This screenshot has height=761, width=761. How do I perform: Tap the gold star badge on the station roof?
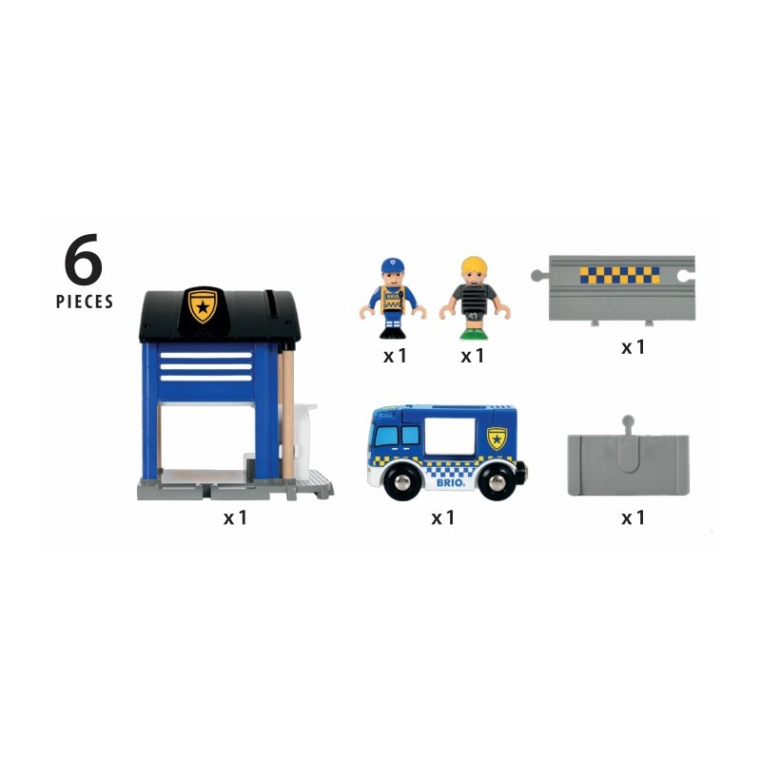pos(202,305)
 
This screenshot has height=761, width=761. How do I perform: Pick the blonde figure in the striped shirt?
pos(473,298)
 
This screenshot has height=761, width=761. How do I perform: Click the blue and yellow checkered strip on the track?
pos(619,275)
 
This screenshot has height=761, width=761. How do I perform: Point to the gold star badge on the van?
pos(497,437)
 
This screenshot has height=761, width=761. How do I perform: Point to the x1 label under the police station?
pos(235,518)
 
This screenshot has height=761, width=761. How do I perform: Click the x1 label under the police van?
pos(443,518)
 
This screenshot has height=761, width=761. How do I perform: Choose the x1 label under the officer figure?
pos(395,357)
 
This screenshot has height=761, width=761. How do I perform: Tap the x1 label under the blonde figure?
pos(473,357)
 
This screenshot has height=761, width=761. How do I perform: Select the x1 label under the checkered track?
pos(634,347)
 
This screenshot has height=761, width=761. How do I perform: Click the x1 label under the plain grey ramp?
pos(634,518)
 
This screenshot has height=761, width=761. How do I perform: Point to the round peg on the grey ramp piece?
pos(627,420)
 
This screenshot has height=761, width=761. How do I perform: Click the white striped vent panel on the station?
pos(206,364)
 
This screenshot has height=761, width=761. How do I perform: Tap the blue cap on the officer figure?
pos(393,264)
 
